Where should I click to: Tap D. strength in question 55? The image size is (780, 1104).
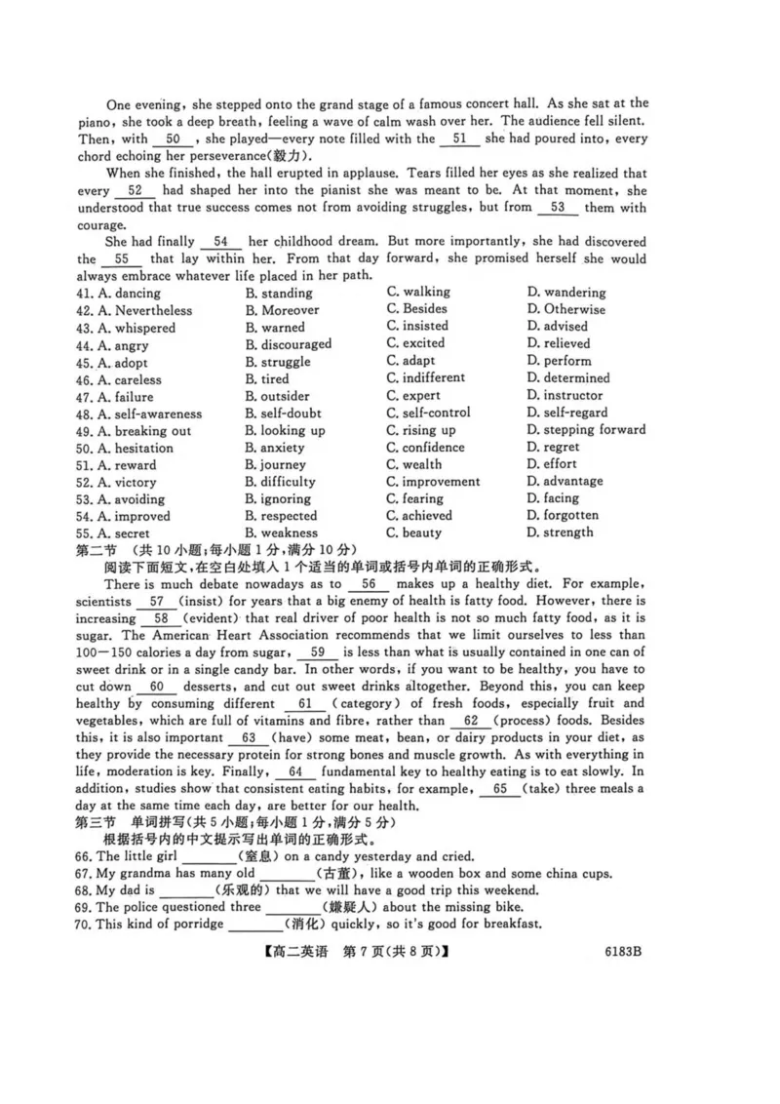coord(560,532)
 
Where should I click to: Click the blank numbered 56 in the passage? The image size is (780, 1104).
coord(368,584)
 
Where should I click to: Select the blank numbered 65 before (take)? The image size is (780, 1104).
coord(500,788)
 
